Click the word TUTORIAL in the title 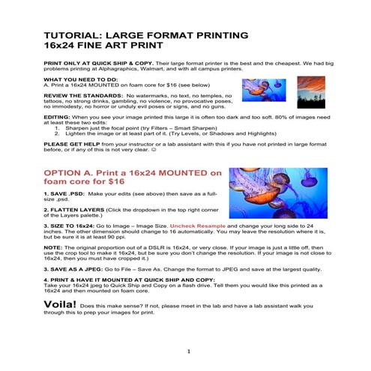[x=73, y=35]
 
